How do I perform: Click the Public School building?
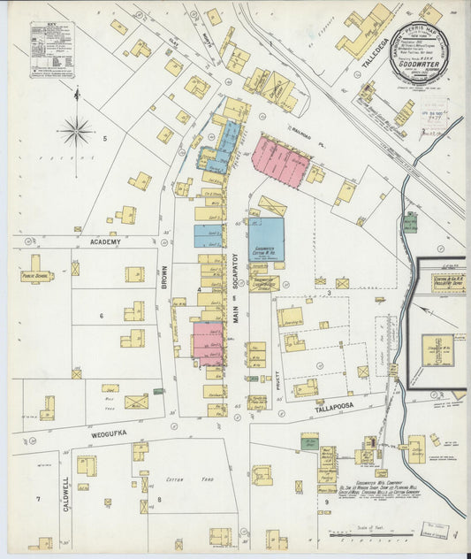coord(37,272)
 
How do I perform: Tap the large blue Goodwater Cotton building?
coord(264,237)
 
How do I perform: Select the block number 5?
coord(103,138)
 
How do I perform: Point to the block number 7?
coord(37,500)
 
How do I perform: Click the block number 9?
coord(326,502)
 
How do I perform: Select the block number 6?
coord(101,316)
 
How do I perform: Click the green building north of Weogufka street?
coord(158,391)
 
